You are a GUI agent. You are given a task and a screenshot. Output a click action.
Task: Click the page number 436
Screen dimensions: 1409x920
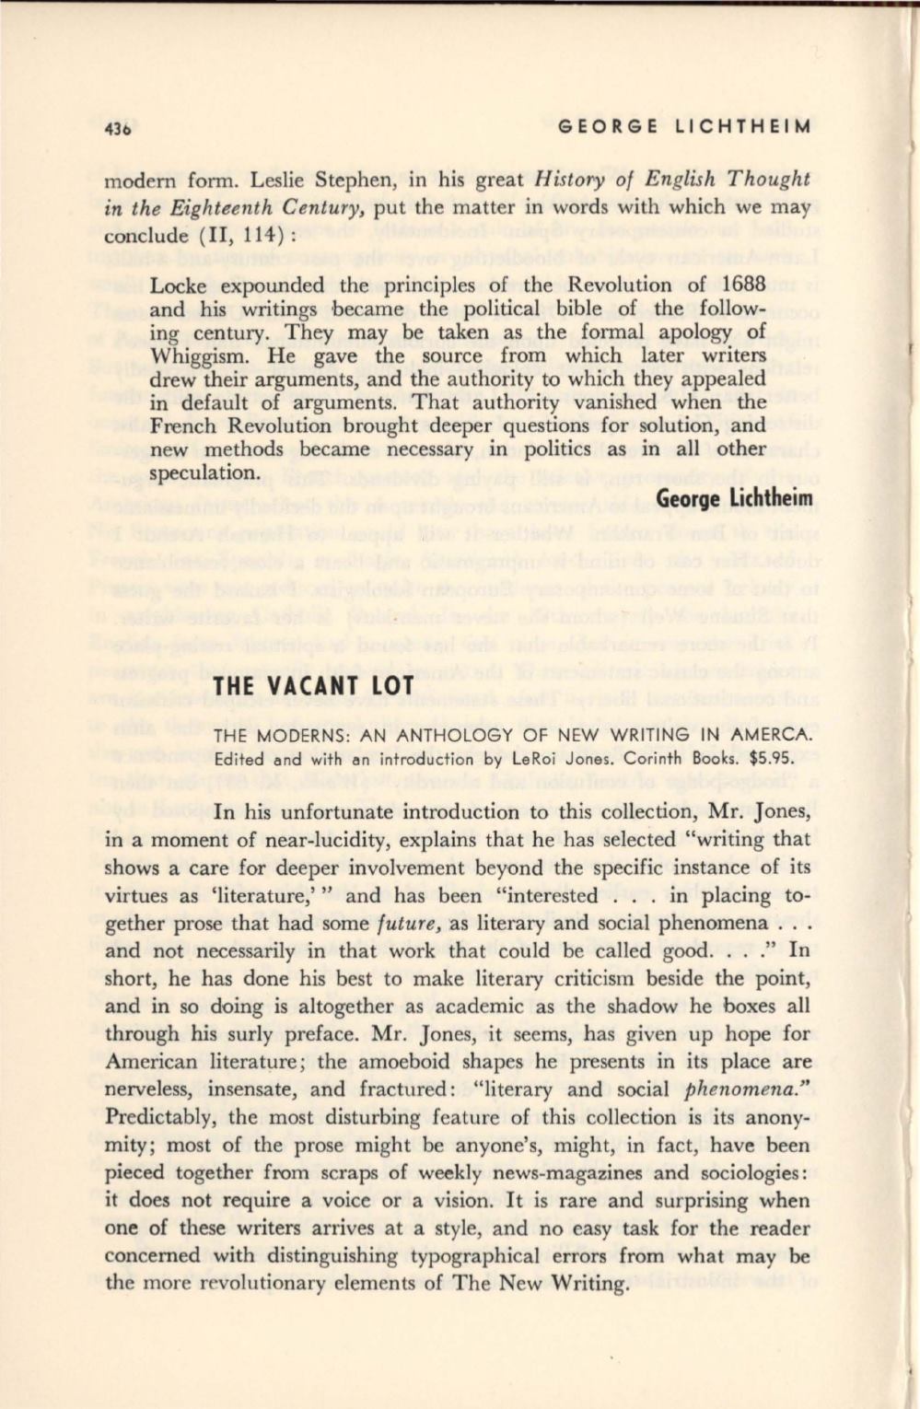coord(121,130)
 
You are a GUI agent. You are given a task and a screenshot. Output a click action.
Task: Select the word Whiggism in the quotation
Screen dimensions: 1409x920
coord(193,355)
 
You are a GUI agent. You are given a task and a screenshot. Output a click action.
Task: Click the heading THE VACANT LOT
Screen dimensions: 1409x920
coord(300,687)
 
